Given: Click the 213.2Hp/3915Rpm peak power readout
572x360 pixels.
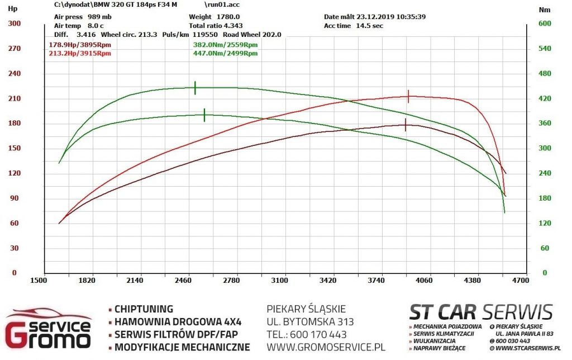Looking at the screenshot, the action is pyautogui.click(x=80, y=53).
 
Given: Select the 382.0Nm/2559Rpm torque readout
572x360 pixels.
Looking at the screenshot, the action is pyautogui.click(x=226, y=45).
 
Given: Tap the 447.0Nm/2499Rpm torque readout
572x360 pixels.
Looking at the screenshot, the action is pyautogui.click(x=226, y=53).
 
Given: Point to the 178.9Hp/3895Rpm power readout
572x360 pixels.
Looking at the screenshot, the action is pyautogui.click(x=80, y=45).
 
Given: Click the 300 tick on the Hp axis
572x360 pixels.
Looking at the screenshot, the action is pyautogui.click(x=14, y=23).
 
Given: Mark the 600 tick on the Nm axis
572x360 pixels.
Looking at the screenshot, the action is pyautogui.click(x=545, y=23).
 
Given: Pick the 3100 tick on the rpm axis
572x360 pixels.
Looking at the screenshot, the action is pyautogui.click(x=279, y=281).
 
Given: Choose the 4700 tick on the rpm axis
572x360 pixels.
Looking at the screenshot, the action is pyautogui.click(x=520, y=281).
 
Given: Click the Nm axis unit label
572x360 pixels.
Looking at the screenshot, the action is pyautogui.click(x=545, y=10).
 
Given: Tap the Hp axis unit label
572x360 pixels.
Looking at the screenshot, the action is pyautogui.click(x=12, y=8).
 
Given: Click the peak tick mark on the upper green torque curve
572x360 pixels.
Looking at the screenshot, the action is pyautogui.click(x=195, y=88).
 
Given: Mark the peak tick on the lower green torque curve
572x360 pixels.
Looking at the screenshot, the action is pyautogui.click(x=204, y=115).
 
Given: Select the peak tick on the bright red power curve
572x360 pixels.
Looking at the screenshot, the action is pyautogui.click(x=408, y=96).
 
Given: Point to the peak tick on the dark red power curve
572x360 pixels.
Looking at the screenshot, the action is pyautogui.click(x=406, y=125).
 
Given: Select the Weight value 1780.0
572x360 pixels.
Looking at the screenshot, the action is pyautogui.click(x=228, y=17).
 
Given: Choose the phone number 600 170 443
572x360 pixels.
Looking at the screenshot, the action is pyautogui.click(x=318, y=334).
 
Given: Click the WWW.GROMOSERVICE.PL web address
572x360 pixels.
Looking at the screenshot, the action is pyautogui.click(x=326, y=347).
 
